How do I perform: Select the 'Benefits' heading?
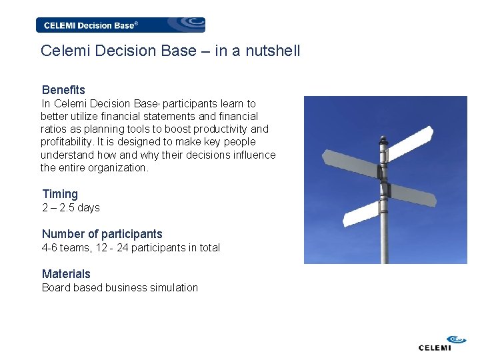click(63, 90)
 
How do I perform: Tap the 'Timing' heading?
click(60, 194)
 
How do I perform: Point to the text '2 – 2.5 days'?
click(71, 208)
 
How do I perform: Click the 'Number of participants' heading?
click(102, 234)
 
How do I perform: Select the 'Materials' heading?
click(66, 274)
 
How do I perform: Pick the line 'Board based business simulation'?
click(120, 288)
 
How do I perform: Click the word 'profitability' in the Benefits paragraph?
click(67, 142)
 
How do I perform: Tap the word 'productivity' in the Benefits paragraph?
click(223, 129)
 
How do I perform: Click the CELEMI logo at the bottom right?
click(435, 343)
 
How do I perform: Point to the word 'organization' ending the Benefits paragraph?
click(118, 168)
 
